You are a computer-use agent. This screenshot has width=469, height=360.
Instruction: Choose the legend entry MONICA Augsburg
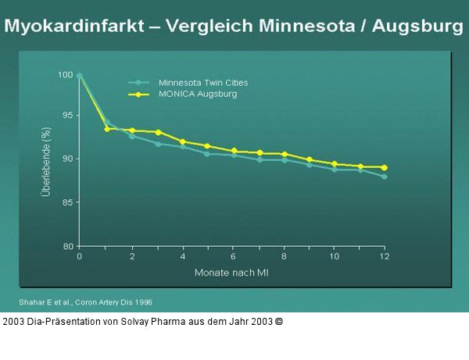pos(198,94)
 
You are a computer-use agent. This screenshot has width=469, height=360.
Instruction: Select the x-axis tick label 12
pos(384,257)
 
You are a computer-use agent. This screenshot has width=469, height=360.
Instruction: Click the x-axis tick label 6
pos(233,257)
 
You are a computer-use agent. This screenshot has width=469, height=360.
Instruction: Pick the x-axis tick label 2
pos(131,257)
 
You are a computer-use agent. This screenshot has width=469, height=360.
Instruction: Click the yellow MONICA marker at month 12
pos(384,167)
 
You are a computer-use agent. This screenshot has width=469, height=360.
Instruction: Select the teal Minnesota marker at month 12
pos(384,176)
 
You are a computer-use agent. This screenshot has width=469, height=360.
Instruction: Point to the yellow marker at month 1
pos(106,129)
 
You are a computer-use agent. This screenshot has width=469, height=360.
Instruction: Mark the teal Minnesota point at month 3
pos(157,144)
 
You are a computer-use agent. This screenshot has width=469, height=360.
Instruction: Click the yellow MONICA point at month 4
pos(182,141)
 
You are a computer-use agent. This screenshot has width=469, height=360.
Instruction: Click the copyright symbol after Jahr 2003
pos(279,321)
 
